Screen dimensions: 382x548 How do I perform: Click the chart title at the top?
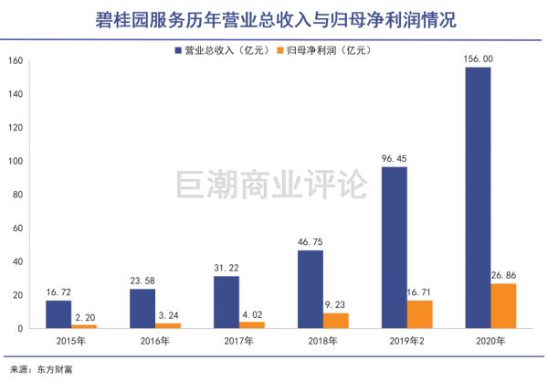tap(274, 17)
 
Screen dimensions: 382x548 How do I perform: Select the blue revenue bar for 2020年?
tap(477, 197)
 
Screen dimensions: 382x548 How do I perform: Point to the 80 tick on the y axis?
tap(17, 195)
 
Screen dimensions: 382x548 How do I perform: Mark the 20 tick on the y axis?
tap(17, 295)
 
